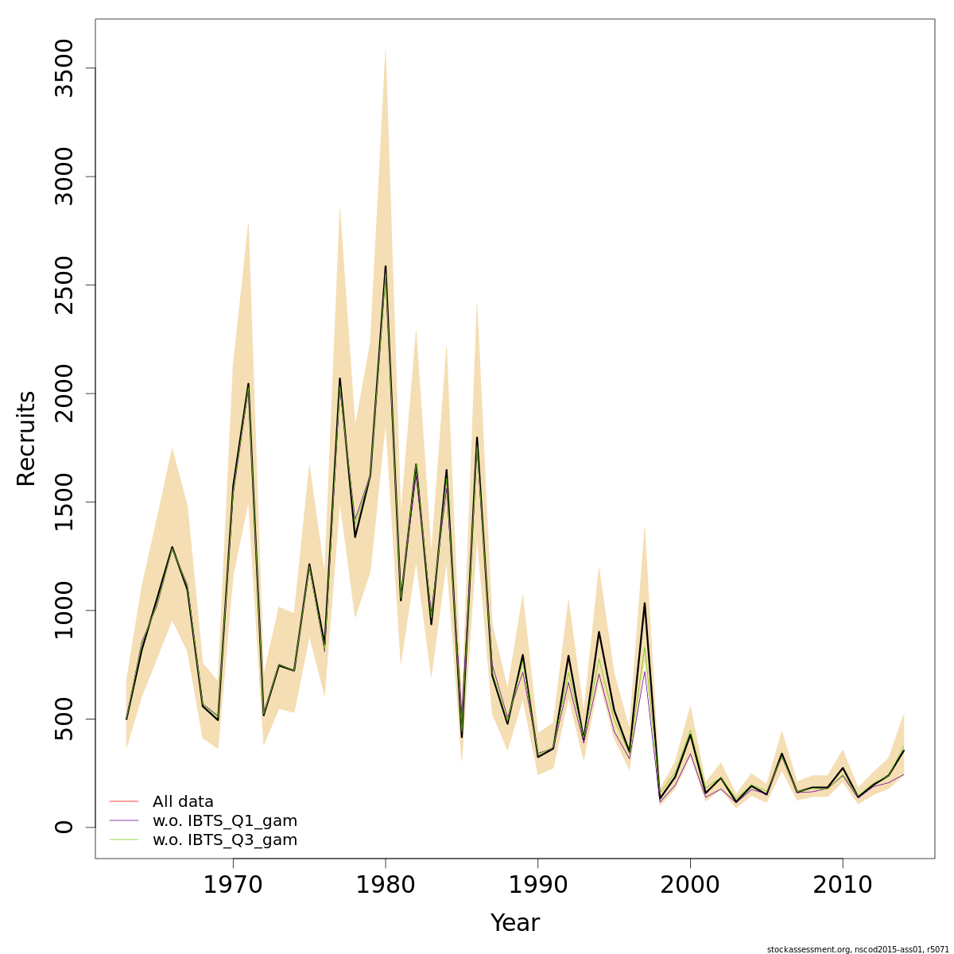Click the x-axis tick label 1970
[x=233, y=886]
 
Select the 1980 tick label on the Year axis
[x=386, y=886]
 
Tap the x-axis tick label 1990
[x=537, y=886]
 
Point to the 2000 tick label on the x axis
[x=690, y=886]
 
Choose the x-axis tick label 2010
[x=843, y=886]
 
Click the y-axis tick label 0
[x=63, y=827]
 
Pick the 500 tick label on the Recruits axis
[x=63, y=719]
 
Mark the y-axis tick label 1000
[x=63, y=611]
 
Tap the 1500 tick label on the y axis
[x=63, y=502]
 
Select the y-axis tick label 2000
[x=63, y=394]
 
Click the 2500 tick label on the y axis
[x=63, y=285]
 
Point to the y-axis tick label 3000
[x=63, y=176]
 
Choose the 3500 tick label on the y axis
[x=63, y=68]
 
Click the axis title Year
[x=514, y=924]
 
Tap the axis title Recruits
[x=26, y=438]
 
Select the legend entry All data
[x=183, y=802]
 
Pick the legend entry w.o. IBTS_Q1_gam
[x=224, y=821]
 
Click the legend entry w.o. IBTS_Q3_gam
[x=224, y=840]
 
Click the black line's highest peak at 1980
[x=386, y=267]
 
